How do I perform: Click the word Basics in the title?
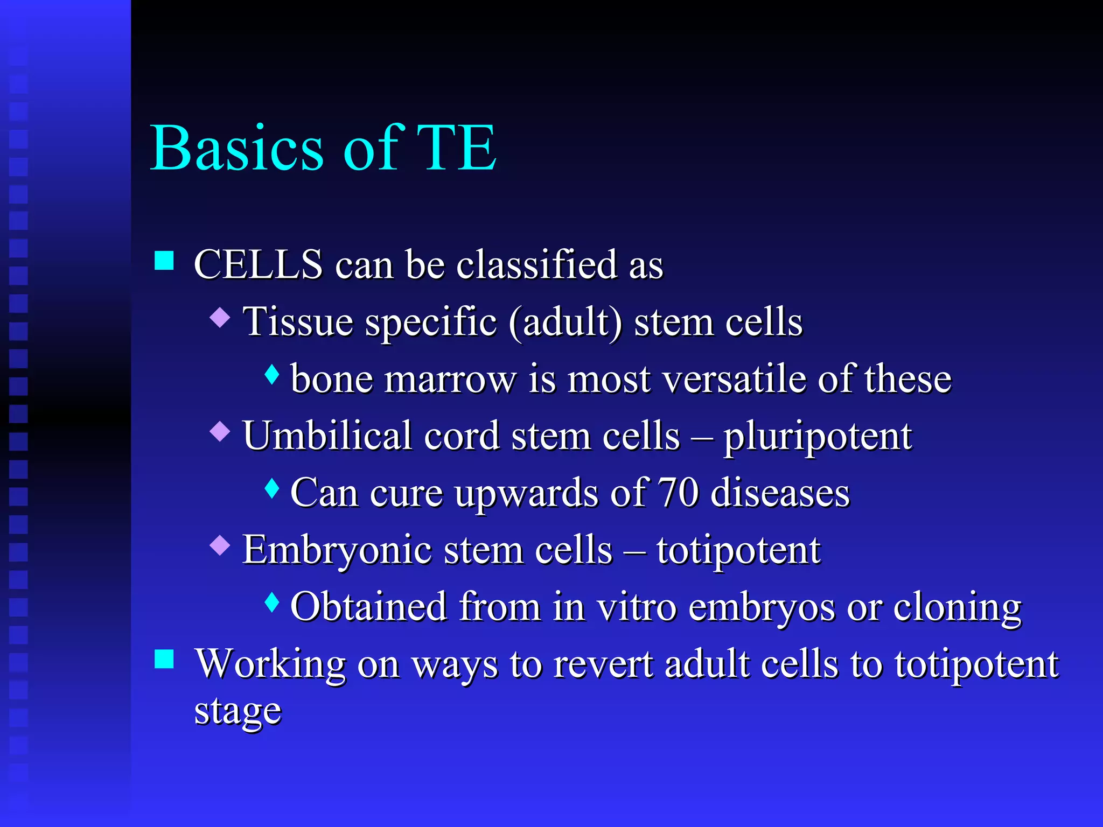237,148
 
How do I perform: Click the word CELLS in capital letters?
258,265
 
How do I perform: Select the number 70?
679,493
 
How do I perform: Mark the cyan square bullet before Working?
164,659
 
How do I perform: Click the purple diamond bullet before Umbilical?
220,431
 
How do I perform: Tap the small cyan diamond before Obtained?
273,602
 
